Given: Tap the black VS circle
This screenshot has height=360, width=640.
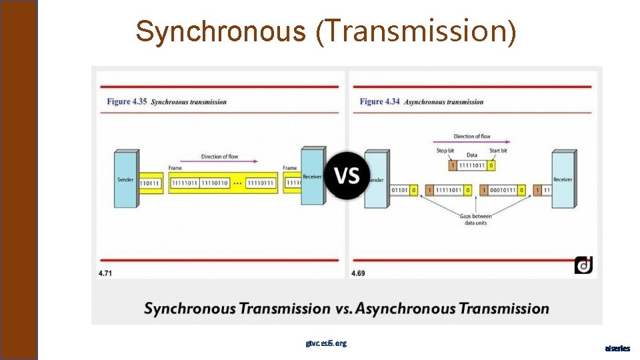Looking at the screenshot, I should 347,176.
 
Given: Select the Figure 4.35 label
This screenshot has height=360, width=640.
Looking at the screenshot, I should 127,102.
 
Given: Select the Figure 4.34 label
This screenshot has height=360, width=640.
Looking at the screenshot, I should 380,101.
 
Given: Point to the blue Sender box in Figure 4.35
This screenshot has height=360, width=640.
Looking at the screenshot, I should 125,179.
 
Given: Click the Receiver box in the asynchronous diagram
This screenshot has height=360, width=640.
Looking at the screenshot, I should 563,179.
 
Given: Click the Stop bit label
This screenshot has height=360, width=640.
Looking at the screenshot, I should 446,151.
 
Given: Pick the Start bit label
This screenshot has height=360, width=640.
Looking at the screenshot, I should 498,151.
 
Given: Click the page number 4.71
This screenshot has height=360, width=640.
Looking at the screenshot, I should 105,273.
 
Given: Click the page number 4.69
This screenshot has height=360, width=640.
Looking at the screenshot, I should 358,273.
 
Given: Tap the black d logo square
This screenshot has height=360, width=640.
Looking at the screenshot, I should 583,265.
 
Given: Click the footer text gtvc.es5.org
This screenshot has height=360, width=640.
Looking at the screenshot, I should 326,343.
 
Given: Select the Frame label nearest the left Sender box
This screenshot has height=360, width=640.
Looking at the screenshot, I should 175,168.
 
